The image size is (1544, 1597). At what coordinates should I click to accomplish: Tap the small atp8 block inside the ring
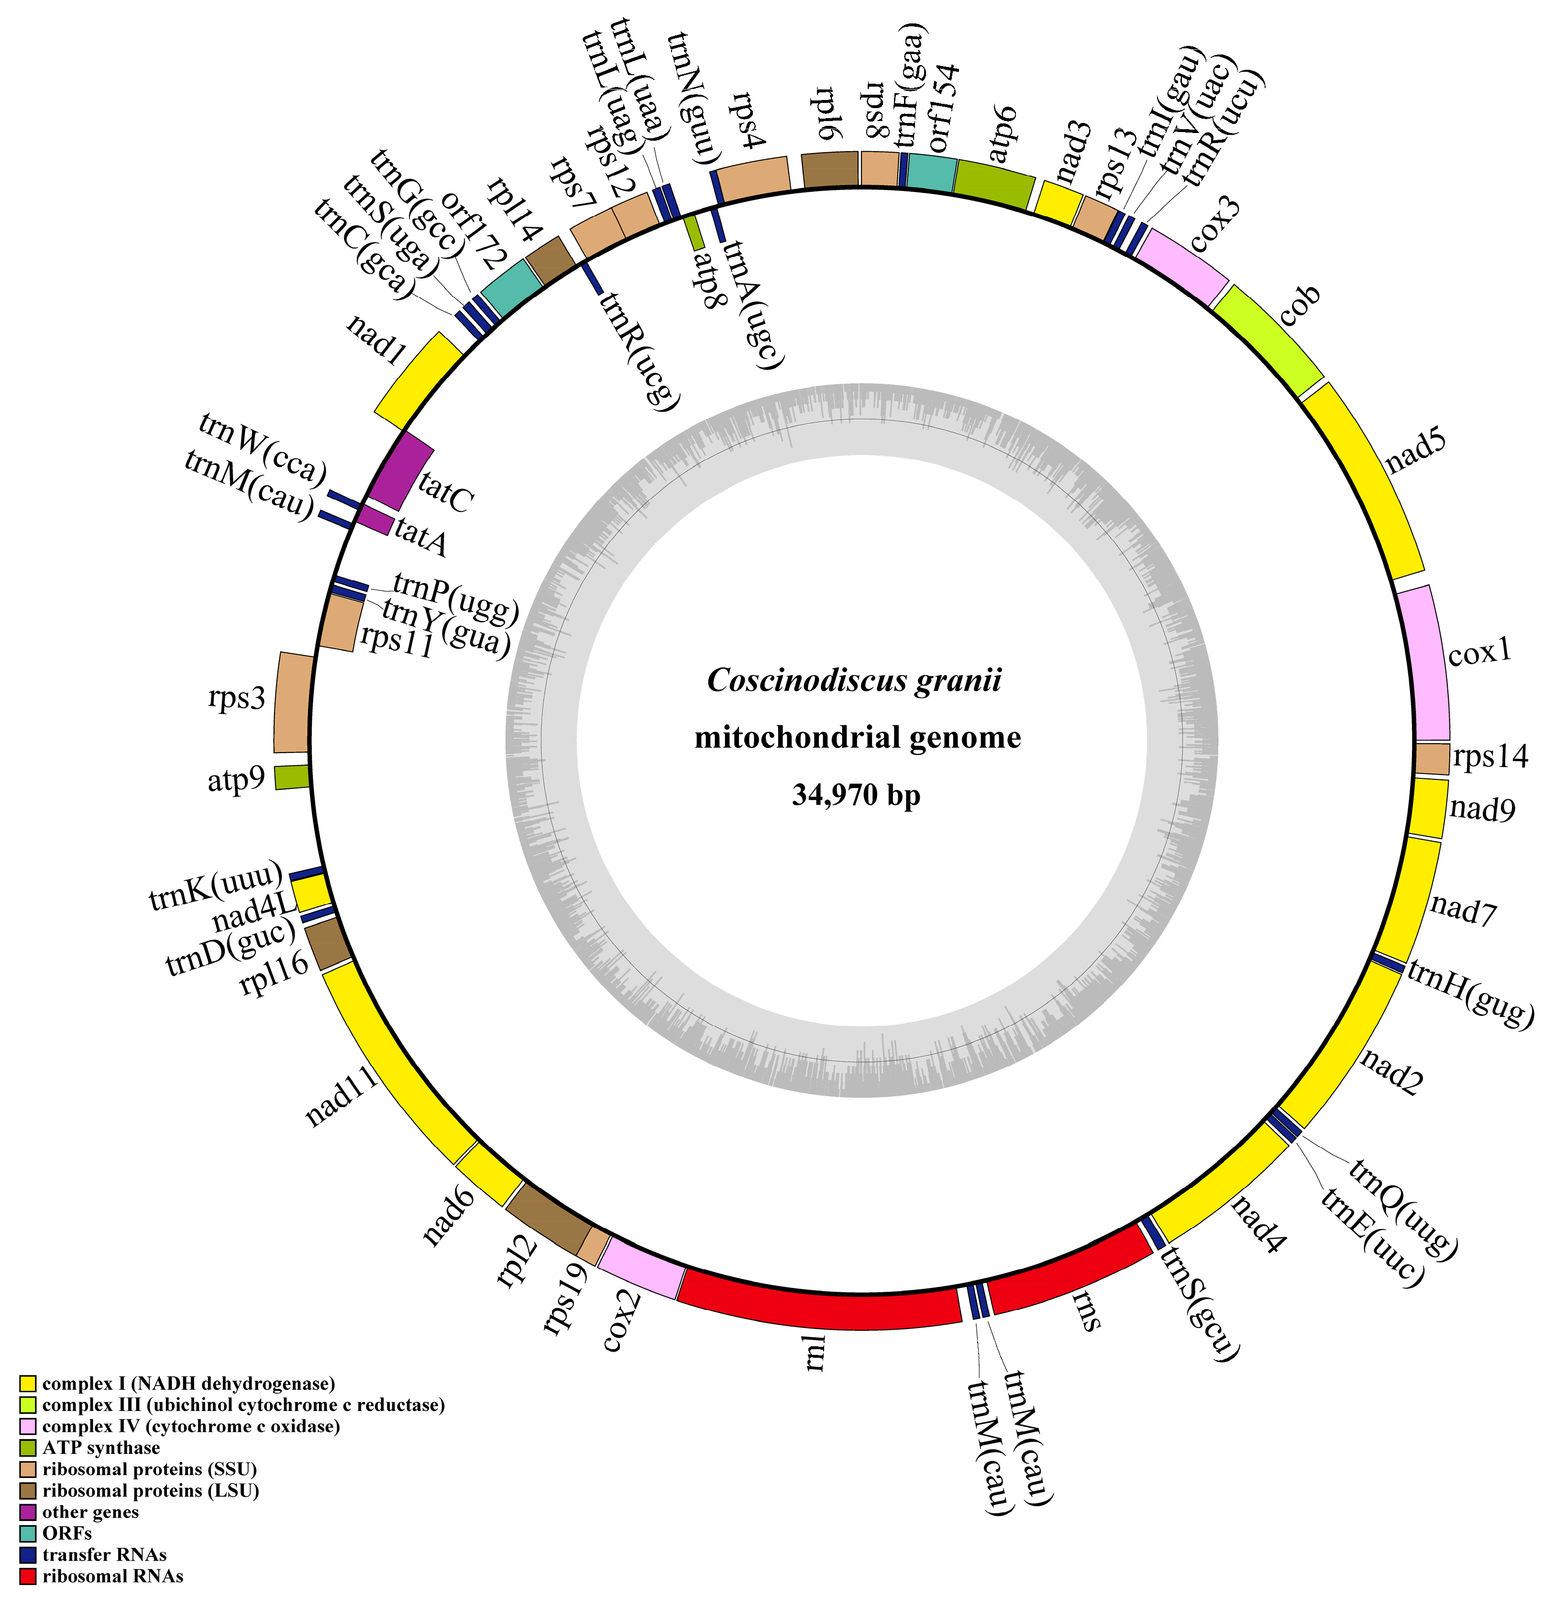coord(694,231)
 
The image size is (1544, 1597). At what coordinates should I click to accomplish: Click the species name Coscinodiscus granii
coord(854,680)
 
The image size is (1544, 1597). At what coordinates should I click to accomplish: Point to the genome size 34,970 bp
coord(856,794)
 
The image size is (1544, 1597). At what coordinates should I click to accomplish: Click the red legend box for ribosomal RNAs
coord(29,1576)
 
